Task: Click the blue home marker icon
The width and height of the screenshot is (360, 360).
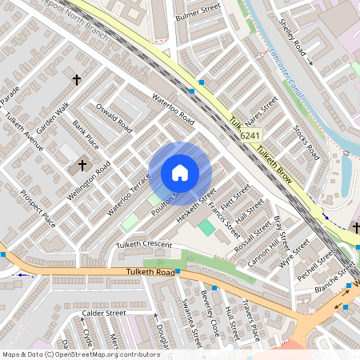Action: pyautogui.click(x=180, y=172)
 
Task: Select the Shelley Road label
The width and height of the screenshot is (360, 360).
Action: pyautogui.click(x=288, y=38)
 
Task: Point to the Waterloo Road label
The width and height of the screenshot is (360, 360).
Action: pyautogui.click(x=173, y=109)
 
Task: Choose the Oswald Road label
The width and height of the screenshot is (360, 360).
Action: pyautogui.click(x=114, y=114)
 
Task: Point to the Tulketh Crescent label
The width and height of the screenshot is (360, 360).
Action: pyautogui.click(x=144, y=244)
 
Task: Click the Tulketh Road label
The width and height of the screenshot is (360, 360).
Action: pyautogui.click(x=150, y=273)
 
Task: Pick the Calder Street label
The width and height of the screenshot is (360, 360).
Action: pyautogui.click(x=104, y=313)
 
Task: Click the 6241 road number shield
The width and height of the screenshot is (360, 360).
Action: pyautogui.click(x=251, y=137)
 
